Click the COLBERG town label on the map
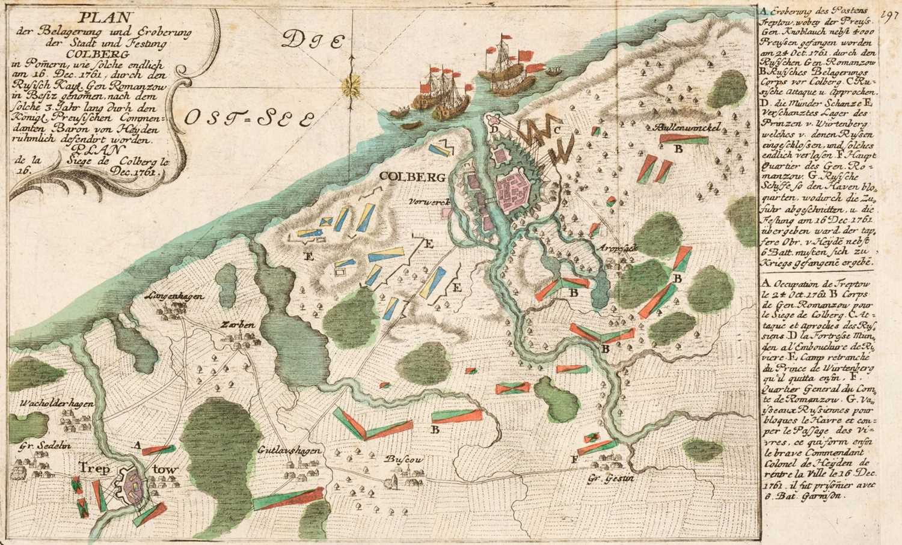[412, 177]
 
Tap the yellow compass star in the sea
[349, 86]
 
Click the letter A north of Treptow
[138, 445]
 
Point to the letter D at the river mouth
[493, 129]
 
